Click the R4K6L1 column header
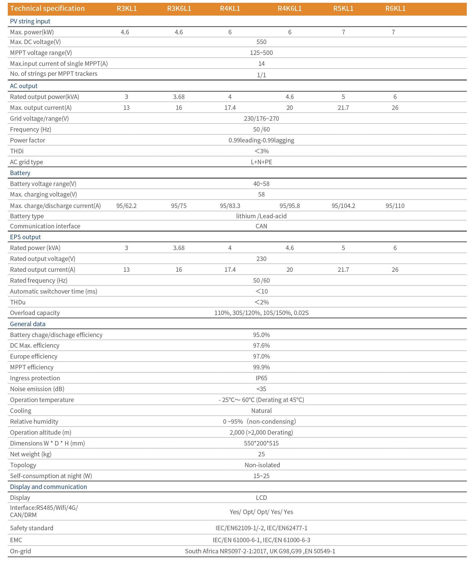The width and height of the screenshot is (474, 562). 290,9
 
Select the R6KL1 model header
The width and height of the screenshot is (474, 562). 395,9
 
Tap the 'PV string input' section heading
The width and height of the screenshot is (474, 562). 30,21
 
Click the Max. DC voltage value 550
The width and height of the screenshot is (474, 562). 261,42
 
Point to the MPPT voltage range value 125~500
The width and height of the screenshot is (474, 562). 261,53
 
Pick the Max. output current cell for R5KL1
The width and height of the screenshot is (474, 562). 343,108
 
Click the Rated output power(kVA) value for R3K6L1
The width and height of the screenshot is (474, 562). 179,97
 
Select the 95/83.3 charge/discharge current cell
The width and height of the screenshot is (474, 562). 230,206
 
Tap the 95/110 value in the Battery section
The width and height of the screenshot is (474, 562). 395,206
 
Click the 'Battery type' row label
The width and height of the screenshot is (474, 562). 27,216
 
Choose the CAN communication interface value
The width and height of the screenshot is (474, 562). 261,226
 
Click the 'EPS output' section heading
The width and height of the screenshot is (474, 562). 25,237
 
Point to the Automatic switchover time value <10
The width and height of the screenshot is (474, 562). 262,292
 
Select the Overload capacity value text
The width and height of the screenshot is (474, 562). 261,313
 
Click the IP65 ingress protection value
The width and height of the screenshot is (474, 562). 261,378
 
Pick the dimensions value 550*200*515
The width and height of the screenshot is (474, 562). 261,444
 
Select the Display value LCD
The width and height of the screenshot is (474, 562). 261,498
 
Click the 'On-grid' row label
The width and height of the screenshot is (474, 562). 20,551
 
